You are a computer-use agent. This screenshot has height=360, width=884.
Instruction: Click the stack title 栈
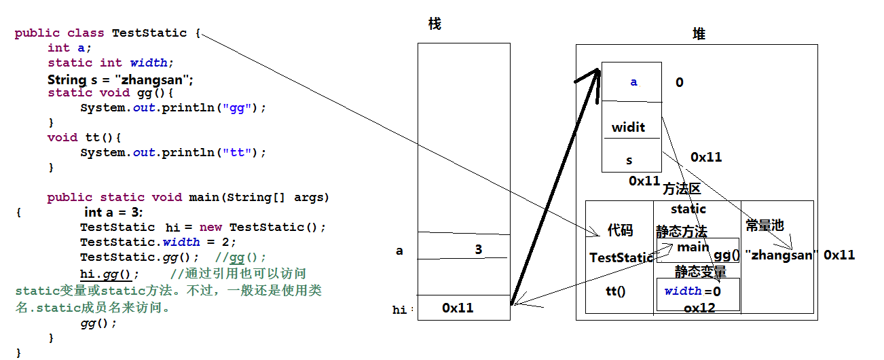435,24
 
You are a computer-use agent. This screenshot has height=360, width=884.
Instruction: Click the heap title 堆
699,34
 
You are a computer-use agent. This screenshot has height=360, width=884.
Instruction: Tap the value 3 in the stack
479,249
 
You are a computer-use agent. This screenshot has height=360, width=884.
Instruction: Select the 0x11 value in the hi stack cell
458,308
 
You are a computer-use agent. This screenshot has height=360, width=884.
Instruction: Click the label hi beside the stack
400,310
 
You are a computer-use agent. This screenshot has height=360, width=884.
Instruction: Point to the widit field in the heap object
628,127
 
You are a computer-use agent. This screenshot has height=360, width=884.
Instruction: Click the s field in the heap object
629,160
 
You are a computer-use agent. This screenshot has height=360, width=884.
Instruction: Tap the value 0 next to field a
679,83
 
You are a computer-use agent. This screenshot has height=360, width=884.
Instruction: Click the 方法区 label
682,190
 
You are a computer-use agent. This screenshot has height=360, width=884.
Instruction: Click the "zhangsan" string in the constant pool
779,255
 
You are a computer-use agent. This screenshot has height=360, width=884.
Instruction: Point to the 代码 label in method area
620,231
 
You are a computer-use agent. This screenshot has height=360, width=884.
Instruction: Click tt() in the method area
615,291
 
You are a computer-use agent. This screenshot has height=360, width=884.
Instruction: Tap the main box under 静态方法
693,247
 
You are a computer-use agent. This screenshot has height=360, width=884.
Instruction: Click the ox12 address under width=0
699,308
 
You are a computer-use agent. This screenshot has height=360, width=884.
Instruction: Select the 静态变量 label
700,272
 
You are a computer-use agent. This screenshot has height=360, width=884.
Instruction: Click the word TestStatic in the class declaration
149,33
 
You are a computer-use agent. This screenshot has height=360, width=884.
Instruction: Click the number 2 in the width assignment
234,242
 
